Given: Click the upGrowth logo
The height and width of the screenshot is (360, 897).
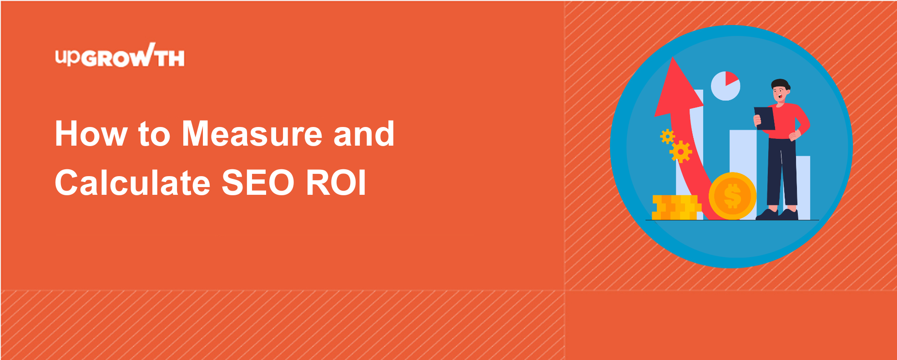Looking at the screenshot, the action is point(120,56).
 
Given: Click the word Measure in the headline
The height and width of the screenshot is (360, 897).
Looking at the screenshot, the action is point(252,134).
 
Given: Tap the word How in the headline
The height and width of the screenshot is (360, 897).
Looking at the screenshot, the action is point(91,134).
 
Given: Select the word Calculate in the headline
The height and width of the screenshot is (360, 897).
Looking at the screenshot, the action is point(132,183).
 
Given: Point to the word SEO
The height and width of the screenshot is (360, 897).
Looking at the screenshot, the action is point(258,183).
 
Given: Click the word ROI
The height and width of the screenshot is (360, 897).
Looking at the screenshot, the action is point(336,183).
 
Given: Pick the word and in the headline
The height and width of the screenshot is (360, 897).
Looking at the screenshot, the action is point(364,134).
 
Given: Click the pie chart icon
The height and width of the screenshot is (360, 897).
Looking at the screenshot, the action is point(726,86).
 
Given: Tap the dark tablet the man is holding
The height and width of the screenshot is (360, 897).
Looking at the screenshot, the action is point(765,118).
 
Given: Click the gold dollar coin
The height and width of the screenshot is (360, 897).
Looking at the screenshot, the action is point(732,196).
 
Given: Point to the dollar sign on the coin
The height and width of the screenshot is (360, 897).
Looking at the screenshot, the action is point(732,196).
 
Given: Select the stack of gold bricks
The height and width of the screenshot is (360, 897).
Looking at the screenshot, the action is point(676,208).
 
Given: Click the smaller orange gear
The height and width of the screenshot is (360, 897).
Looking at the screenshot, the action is point(667,136).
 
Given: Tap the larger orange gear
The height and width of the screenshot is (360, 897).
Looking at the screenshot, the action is point(680,152).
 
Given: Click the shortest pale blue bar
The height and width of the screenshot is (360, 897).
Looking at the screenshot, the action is point(803,188).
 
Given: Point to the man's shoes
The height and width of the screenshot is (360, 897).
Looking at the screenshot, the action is point(777,214).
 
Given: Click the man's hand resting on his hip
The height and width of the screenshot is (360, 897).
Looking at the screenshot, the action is point(794,135).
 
